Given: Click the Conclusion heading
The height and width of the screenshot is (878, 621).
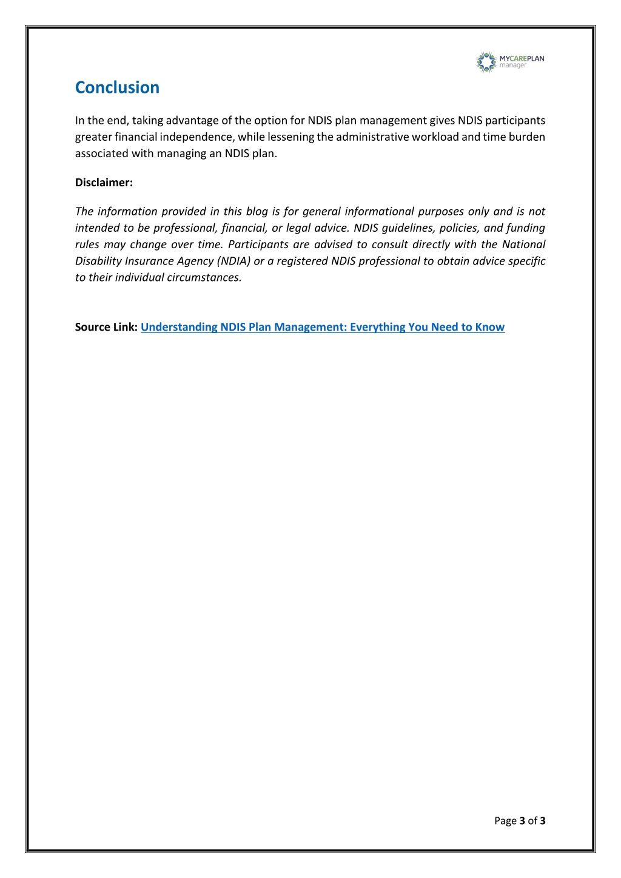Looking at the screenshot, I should (x=117, y=87).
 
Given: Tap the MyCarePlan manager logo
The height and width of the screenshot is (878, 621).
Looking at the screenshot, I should (x=510, y=62).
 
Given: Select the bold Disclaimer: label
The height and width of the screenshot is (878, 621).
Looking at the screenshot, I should (x=104, y=183).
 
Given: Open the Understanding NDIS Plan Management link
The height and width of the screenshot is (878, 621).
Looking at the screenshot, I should (x=322, y=327).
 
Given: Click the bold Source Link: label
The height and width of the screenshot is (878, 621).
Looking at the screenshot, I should (x=106, y=327).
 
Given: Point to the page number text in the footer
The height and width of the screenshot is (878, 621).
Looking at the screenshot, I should (x=520, y=821).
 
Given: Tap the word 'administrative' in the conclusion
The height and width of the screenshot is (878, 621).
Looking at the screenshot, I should (x=372, y=137).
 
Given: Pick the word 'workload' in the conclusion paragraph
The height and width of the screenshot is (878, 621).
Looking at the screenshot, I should (x=435, y=137).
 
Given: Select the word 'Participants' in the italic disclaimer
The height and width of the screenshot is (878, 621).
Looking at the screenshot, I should (x=258, y=245).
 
